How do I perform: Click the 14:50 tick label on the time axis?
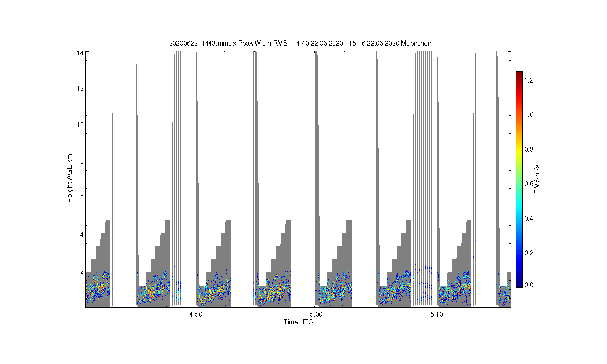[194, 314]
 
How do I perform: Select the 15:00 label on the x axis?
[314, 314]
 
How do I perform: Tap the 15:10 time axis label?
[435, 314]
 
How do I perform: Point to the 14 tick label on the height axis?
[80, 53]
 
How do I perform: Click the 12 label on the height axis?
[80, 88]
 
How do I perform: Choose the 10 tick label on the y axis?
[80, 125]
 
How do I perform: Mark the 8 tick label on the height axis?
[82, 161]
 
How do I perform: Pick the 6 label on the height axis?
[82, 198]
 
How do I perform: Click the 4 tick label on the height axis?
[82, 235]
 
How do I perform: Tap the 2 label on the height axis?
[82, 271]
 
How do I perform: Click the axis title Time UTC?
[298, 322]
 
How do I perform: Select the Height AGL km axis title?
[69, 178]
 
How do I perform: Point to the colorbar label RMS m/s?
[537, 179]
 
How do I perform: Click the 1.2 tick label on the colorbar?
[528, 80]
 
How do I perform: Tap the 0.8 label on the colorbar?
[528, 149]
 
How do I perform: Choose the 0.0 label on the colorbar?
[528, 285]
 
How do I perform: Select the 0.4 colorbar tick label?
[528, 218]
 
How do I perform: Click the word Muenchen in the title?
[416, 43]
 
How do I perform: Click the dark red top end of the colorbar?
[519, 72]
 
